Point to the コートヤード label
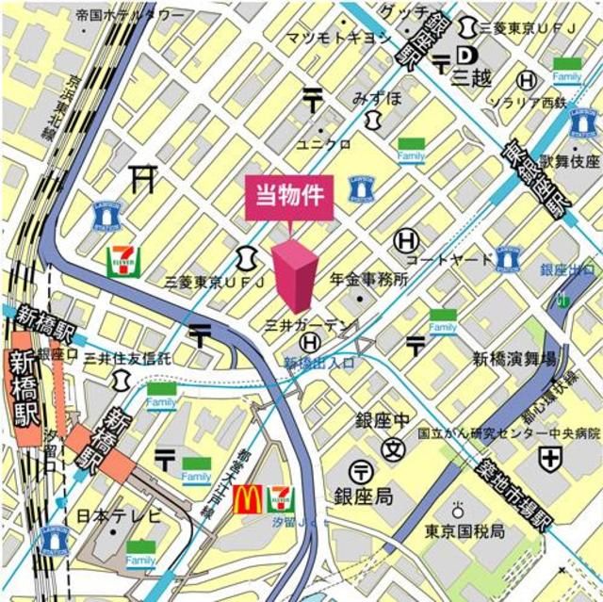tap(449, 259)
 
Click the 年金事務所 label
tap(368, 279)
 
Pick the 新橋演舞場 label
tap(514, 358)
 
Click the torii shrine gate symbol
tap(142, 177)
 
